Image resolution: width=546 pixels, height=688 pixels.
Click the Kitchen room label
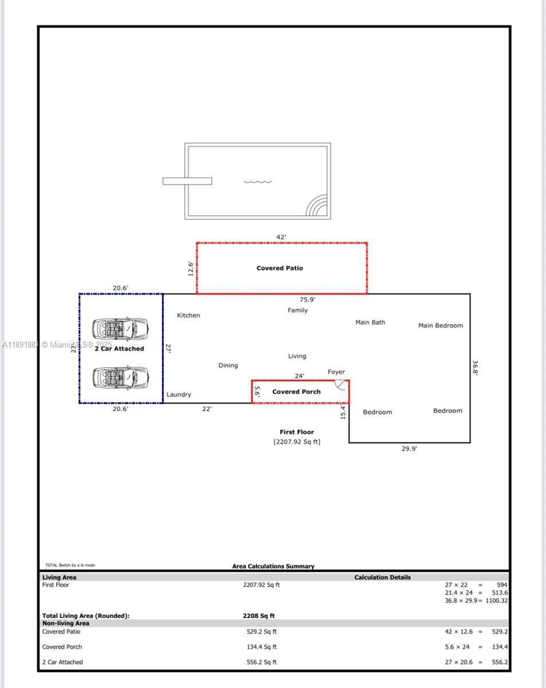(x=188, y=315)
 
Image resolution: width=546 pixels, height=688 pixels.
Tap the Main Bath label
(x=370, y=322)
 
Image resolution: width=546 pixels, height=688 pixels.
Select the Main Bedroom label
(x=440, y=326)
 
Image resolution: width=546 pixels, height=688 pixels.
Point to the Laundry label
(x=179, y=394)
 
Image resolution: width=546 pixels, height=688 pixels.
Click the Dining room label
(x=228, y=365)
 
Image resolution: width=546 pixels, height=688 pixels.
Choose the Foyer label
(x=336, y=372)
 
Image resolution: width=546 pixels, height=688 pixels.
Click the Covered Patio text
(x=279, y=268)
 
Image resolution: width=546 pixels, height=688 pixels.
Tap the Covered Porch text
(x=296, y=392)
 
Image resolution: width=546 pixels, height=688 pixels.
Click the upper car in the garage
(x=120, y=329)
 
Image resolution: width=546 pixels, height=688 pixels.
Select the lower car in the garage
(x=120, y=377)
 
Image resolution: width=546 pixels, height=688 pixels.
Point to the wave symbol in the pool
(x=258, y=182)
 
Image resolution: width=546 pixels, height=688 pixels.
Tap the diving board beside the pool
(x=187, y=181)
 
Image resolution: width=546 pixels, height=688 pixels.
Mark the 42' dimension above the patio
(x=281, y=237)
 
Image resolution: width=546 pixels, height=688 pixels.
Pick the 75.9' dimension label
(x=307, y=299)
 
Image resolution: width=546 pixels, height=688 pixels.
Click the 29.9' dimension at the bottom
(x=409, y=449)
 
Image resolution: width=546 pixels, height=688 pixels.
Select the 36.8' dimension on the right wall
(x=475, y=367)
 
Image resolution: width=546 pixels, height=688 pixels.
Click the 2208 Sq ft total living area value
(x=259, y=616)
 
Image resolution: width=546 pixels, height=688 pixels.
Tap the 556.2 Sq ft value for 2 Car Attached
(x=262, y=662)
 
